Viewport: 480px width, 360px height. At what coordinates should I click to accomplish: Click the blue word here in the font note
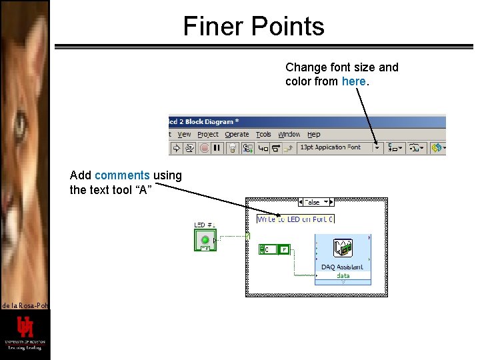pos(353,81)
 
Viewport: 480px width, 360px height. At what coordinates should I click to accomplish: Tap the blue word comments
pos(122,175)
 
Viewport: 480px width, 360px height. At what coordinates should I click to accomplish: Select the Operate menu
pos(237,135)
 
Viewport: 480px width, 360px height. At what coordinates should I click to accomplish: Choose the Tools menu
pos(264,135)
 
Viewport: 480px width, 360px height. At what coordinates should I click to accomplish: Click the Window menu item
pos(289,135)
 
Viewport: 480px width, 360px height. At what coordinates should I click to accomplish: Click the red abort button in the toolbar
pos(205,148)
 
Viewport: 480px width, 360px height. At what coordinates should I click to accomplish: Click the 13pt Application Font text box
pos(333,147)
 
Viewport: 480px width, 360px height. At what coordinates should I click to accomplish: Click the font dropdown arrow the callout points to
pos(377,148)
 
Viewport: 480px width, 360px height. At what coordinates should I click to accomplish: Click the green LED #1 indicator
pos(205,239)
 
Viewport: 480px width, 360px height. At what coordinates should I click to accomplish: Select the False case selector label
pos(313,202)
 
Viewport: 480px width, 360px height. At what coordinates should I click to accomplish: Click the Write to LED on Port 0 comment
pos(295,219)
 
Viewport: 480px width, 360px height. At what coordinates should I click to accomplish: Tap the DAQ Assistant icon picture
pos(343,249)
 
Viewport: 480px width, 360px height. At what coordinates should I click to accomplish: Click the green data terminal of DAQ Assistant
pos(343,275)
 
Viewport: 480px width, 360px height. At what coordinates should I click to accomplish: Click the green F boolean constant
pos(284,249)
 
